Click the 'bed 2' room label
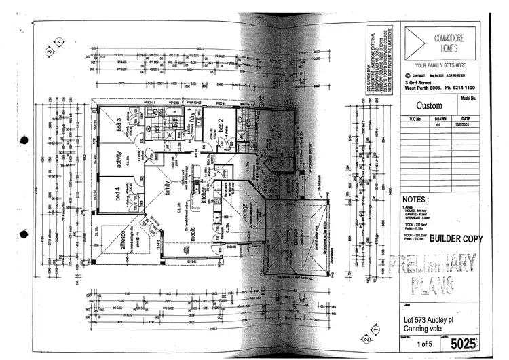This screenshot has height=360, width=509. tap(220, 124)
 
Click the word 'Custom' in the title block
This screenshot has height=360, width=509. tap(429, 105)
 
